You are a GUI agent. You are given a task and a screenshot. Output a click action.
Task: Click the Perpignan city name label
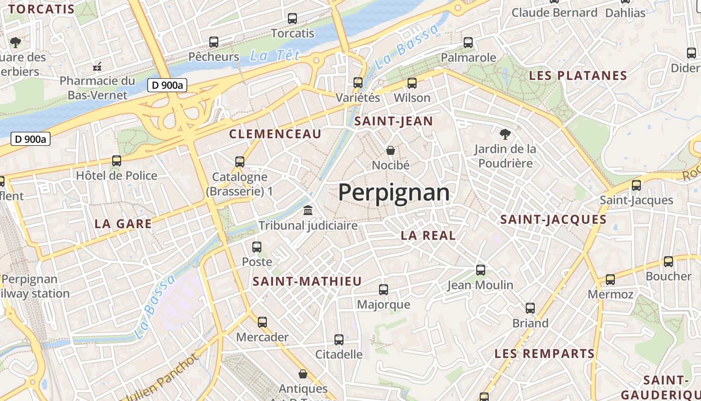coord(394,192)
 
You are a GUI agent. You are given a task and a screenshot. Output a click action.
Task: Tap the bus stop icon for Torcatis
coord(292,19)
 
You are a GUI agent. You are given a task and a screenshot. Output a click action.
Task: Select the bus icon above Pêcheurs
coord(214,42)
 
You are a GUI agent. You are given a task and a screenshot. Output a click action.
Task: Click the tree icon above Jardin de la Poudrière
coord(505,134)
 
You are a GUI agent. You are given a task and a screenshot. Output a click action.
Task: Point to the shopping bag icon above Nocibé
coord(391,150)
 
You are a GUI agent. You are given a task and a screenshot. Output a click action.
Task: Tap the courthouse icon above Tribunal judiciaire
coord(308,210)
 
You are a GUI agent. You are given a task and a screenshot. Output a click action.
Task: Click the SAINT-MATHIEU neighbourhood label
coord(307,281)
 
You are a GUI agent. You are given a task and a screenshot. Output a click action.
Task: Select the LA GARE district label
coord(123,224)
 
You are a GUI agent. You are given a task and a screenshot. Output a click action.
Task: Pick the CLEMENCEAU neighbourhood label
coord(275,134)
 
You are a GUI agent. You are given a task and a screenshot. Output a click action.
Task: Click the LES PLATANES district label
coord(578,76)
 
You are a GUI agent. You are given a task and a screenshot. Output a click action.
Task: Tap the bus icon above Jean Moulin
coord(481,270)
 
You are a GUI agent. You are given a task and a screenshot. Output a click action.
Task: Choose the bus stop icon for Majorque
coord(384,289)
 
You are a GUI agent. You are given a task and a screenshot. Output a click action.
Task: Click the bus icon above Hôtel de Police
coord(117,160)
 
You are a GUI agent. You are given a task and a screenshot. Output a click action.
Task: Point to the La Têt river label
coord(275,55)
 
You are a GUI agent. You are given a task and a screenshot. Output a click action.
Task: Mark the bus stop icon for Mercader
coord(262,322)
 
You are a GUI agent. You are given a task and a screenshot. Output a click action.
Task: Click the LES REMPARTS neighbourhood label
coord(544,353)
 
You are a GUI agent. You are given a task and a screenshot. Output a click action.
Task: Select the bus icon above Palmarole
coord(468,42)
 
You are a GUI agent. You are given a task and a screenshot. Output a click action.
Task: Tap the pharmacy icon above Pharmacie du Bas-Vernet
coord(98,66)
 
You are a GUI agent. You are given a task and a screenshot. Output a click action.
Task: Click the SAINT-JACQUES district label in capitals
coord(553,219)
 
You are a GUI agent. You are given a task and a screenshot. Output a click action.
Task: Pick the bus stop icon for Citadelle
coord(339,339)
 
